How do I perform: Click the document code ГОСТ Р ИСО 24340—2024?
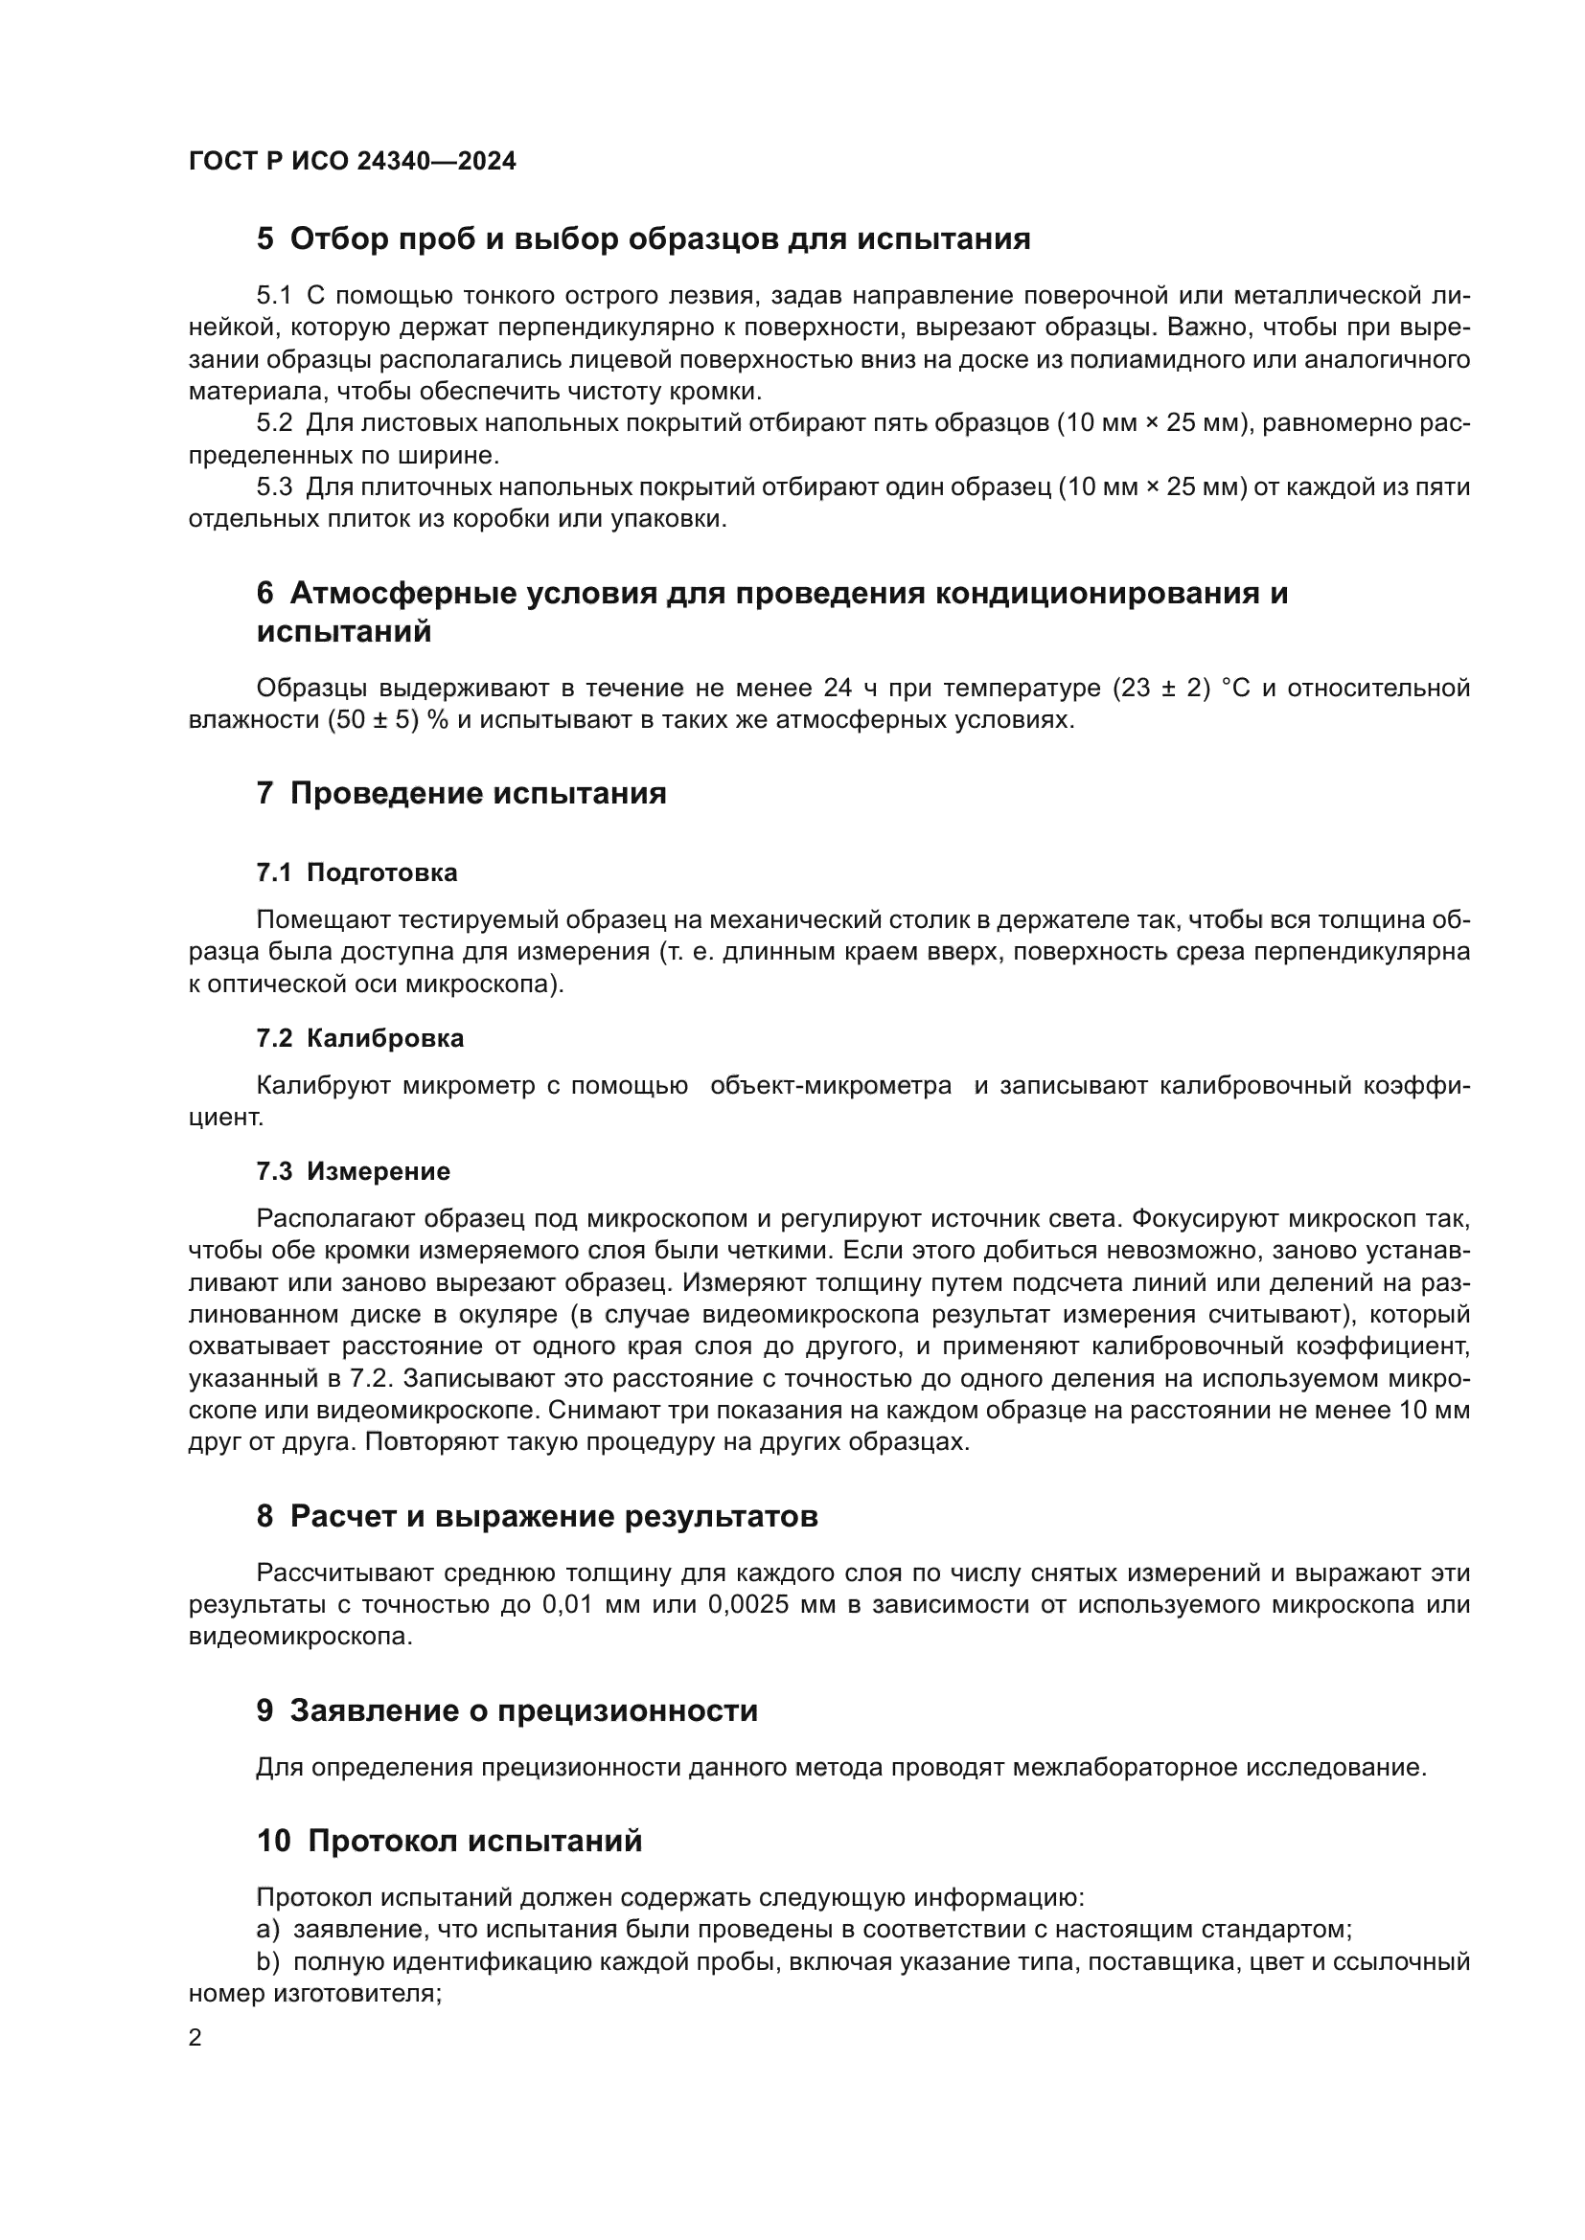353,162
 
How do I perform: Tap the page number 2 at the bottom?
195,2038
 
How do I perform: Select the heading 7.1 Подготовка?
356,872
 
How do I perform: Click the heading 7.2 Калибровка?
360,1038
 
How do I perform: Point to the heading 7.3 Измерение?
354,1170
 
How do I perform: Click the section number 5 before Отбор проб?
264,239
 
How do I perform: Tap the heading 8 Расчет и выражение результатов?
537,1516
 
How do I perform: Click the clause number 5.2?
274,423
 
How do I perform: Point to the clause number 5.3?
274,486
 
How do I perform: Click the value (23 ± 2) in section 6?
1160,689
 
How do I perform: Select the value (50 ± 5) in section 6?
374,721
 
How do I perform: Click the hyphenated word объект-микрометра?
831,1086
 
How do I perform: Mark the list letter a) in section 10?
268,1930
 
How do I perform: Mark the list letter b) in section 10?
268,1962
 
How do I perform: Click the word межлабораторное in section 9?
1123,1768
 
